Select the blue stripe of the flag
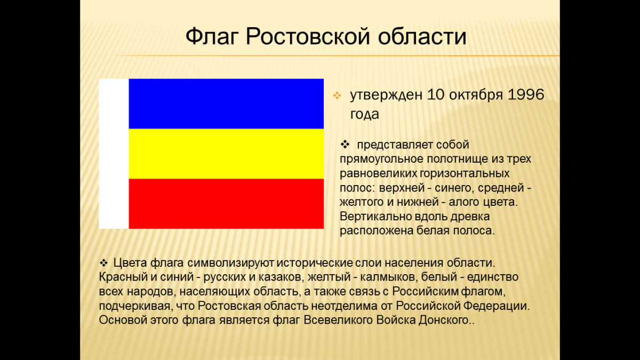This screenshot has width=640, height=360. (226, 103)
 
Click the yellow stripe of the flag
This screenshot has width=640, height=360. (226, 154)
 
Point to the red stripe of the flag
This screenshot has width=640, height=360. (226, 203)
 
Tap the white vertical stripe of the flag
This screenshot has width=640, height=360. (114, 154)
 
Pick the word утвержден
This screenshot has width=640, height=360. (386, 95)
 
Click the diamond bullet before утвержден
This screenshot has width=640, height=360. (337, 95)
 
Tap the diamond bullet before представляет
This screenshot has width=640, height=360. (345, 145)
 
